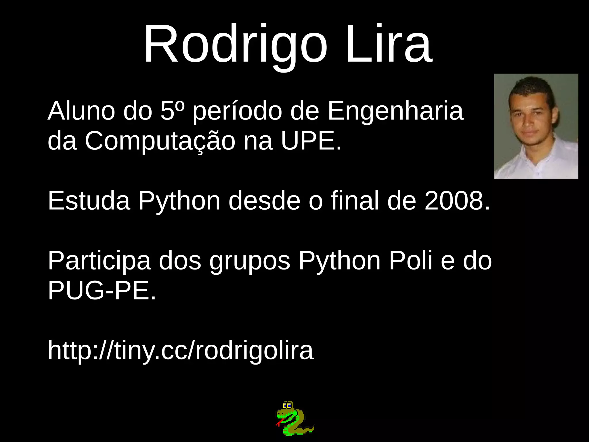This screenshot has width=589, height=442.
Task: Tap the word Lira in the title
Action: (x=389, y=44)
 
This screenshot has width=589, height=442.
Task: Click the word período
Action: (x=237, y=111)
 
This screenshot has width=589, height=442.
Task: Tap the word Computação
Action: (x=160, y=142)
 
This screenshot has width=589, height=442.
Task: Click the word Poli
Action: (x=411, y=261)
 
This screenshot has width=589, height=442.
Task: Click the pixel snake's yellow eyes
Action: (x=287, y=406)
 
